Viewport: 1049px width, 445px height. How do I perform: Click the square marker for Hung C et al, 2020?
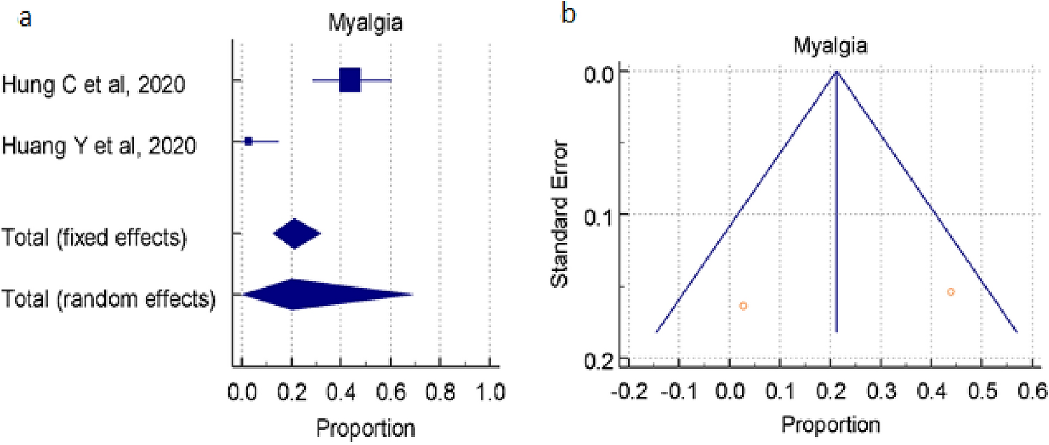click(349, 81)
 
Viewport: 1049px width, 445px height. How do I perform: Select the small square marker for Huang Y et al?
click(248, 141)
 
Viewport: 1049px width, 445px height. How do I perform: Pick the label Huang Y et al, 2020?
click(99, 147)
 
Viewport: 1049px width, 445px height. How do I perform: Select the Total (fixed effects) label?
click(94, 238)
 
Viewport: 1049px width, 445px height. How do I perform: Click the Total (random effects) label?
click(107, 299)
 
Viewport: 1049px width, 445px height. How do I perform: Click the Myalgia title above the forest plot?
click(365, 24)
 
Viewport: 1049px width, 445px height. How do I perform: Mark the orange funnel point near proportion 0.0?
click(743, 306)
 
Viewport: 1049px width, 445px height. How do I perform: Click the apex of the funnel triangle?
click(836, 72)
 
